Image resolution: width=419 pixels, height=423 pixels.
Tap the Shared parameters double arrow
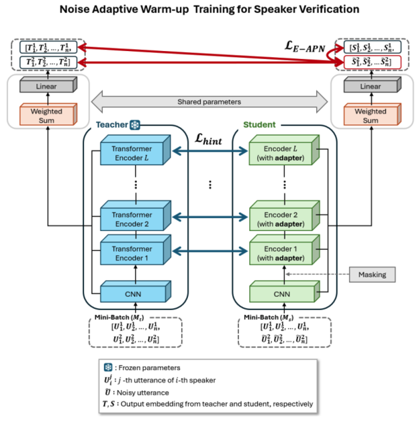tap(210, 102)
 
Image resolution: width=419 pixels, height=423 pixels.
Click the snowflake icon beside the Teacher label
tap(134, 126)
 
